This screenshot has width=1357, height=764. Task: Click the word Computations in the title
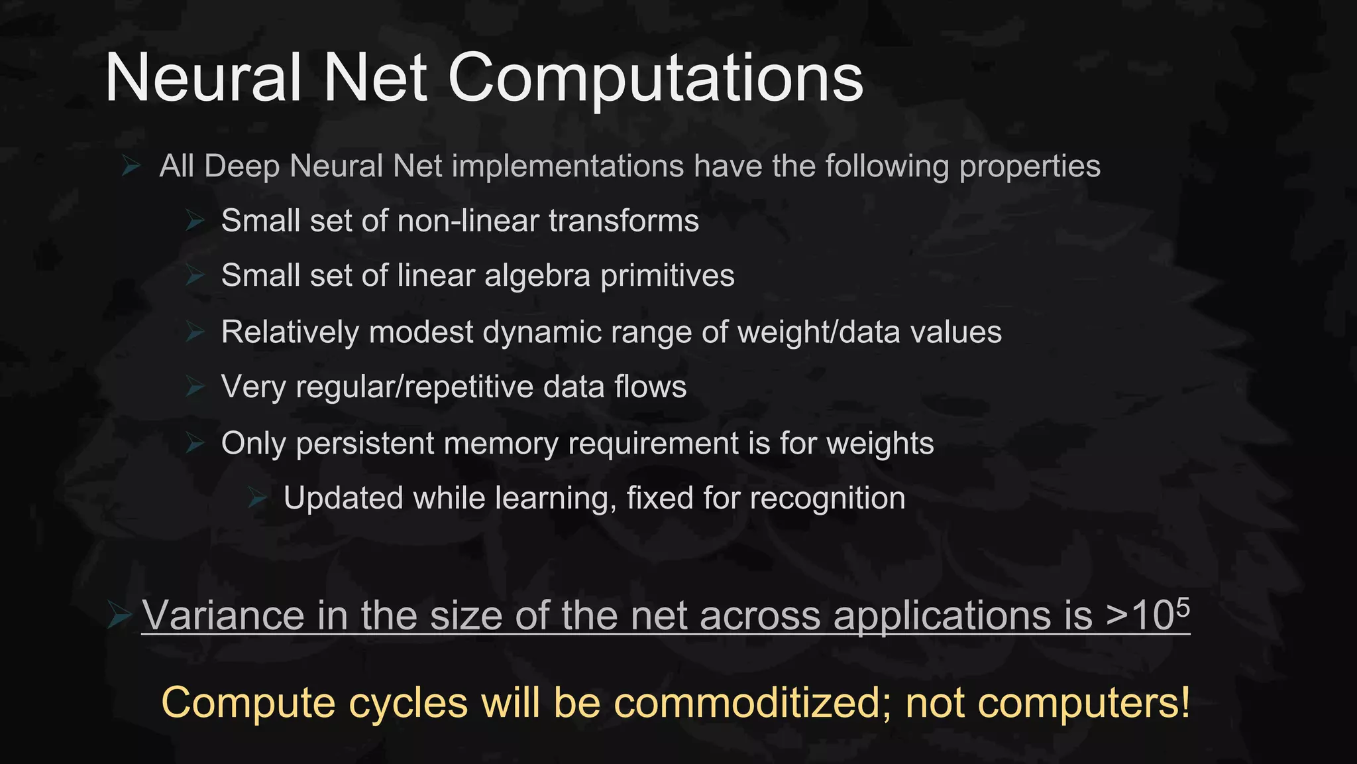click(655, 79)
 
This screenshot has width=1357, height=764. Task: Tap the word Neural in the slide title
click(203, 78)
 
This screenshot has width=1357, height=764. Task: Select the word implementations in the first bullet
click(567, 166)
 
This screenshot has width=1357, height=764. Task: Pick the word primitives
click(667, 276)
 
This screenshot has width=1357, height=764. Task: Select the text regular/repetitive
click(414, 387)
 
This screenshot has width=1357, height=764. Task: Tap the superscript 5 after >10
click(1183, 606)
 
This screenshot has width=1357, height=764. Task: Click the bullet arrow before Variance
click(119, 617)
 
